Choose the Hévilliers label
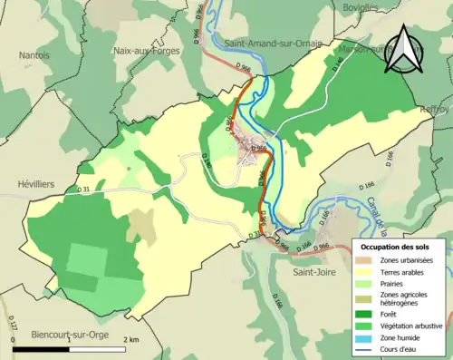[36, 184]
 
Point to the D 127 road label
[13, 325]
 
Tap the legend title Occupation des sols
[395, 247]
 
